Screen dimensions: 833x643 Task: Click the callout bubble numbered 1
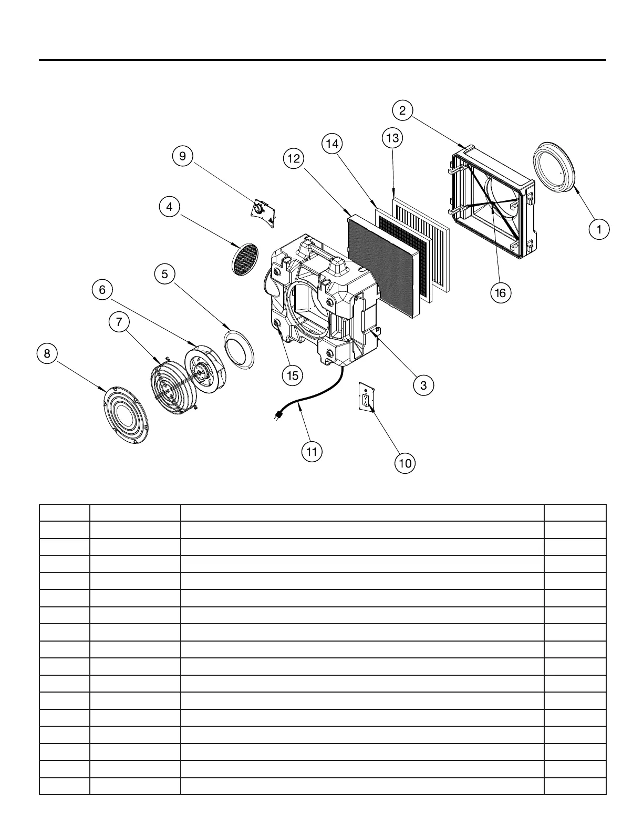[x=599, y=229]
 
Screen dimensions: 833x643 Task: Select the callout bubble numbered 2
[x=402, y=110]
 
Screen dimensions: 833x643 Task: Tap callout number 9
[x=182, y=156]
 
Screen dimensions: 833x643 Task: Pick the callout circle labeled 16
[x=500, y=292]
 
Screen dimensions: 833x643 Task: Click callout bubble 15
[x=292, y=375]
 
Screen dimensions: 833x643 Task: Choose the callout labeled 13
[x=392, y=138]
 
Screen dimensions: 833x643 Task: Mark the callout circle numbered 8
[x=47, y=353]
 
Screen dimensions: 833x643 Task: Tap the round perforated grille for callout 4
[x=245, y=259]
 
